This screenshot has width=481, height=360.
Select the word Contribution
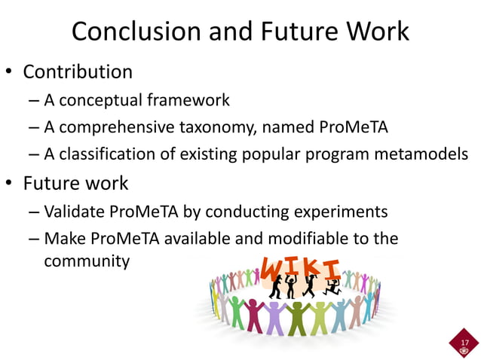pos(78,72)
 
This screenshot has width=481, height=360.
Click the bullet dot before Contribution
pos(10,73)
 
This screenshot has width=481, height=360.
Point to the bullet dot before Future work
pos(10,184)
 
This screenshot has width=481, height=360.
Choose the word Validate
pos(72,211)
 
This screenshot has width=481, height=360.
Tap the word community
pos(87,261)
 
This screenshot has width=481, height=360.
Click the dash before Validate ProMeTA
pos(34,212)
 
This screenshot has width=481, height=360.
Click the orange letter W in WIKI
pos(273,267)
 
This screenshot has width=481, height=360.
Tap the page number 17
pos(464,342)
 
